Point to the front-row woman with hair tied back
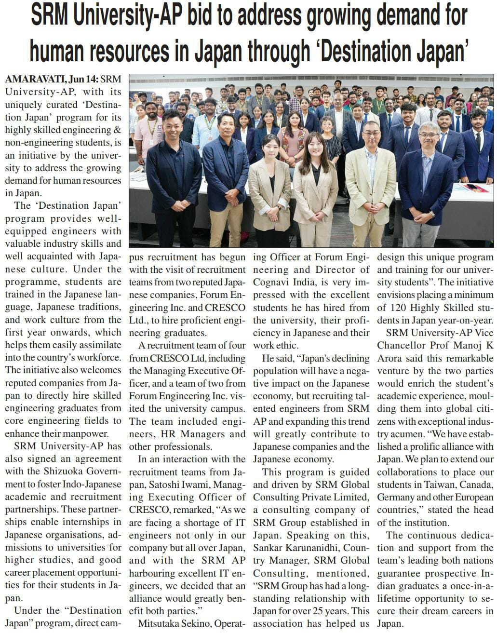[x=269, y=186]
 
